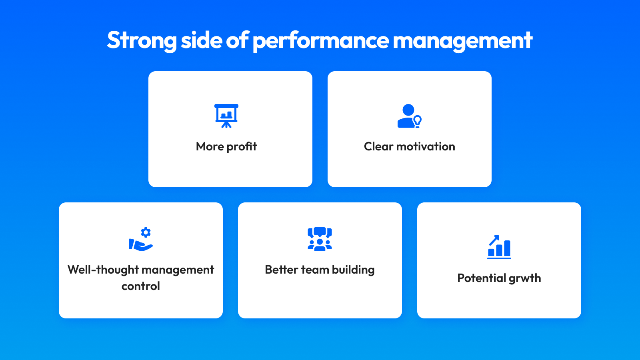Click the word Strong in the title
pyautogui.click(x=142, y=40)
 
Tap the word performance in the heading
pyautogui.click(x=320, y=40)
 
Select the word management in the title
pyautogui.click(x=462, y=40)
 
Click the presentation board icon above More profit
pyautogui.click(x=226, y=116)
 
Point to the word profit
pyautogui.click(x=242, y=147)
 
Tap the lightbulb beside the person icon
pyautogui.click(x=418, y=121)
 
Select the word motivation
pyautogui.click(x=426, y=146)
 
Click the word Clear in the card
pyautogui.click(x=378, y=146)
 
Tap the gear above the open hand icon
pyautogui.click(x=146, y=232)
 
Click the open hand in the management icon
pyautogui.click(x=140, y=245)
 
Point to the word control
pyautogui.click(x=141, y=286)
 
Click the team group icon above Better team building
pyautogui.click(x=320, y=239)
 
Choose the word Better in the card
pyautogui.click(x=281, y=270)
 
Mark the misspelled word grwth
pyautogui.click(x=525, y=278)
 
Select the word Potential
pyautogui.click(x=482, y=278)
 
